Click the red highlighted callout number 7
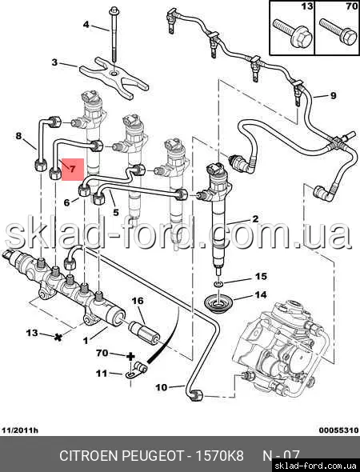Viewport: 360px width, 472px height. click(x=73, y=169)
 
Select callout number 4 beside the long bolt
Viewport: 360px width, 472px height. click(x=86, y=24)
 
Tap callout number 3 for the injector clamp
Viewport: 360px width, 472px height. click(x=54, y=62)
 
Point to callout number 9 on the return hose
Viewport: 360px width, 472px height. click(x=334, y=95)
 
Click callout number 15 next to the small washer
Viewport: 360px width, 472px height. click(x=261, y=276)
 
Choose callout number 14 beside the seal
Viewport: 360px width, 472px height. click(x=261, y=294)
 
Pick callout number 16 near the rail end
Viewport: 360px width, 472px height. click(x=138, y=301)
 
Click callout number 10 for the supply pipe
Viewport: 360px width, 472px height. click(x=162, y=387)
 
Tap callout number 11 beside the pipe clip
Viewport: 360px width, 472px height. click(x=102, y=374)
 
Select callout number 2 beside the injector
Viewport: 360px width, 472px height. click(x=255, y=219)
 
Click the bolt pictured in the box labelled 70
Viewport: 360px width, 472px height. click(x=338, y=32)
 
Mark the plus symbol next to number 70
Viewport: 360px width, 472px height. click(x=130, y=357)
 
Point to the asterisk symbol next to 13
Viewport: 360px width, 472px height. click(x=58, y=337)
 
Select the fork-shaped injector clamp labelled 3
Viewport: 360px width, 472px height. click(x=114, y=78)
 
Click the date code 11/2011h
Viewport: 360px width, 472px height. click(x=20, y=430)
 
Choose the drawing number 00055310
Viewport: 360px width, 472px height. click(x=338, y=430)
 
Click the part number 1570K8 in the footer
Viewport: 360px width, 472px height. click(x=220, y=456)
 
